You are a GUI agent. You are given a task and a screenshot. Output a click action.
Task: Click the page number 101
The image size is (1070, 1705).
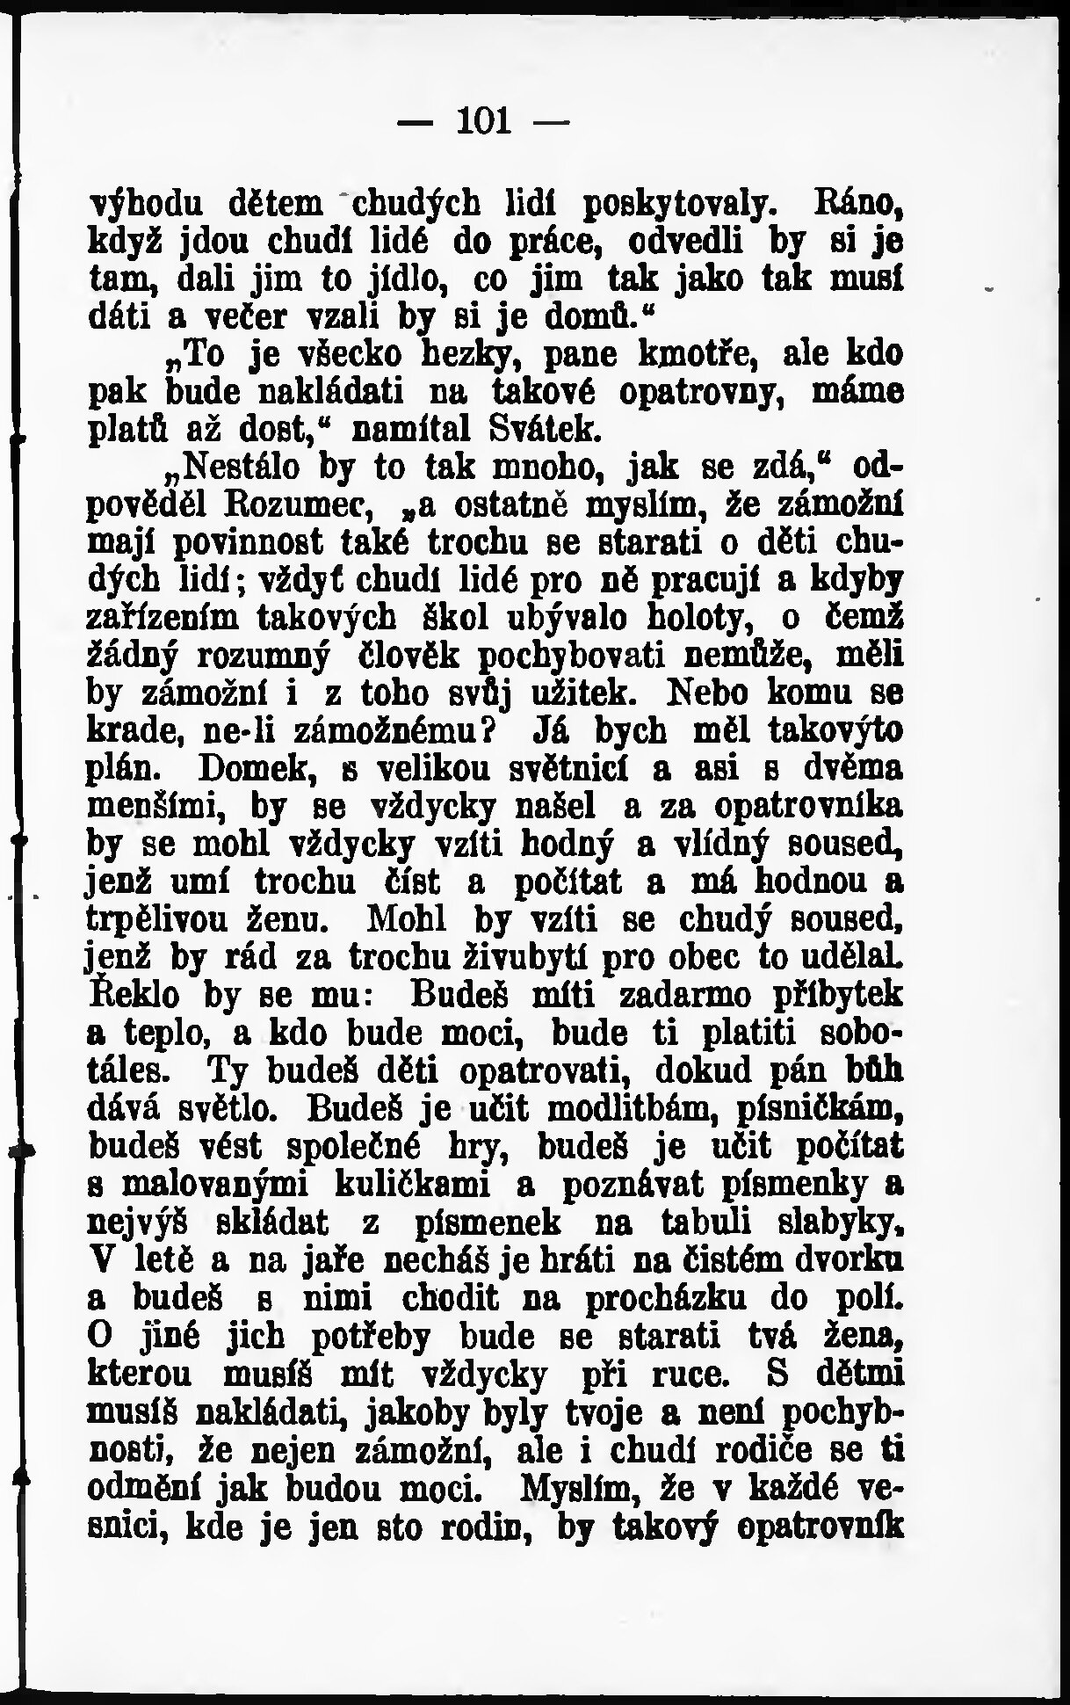483,120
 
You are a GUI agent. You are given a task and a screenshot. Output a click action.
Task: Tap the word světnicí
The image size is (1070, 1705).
577,770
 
